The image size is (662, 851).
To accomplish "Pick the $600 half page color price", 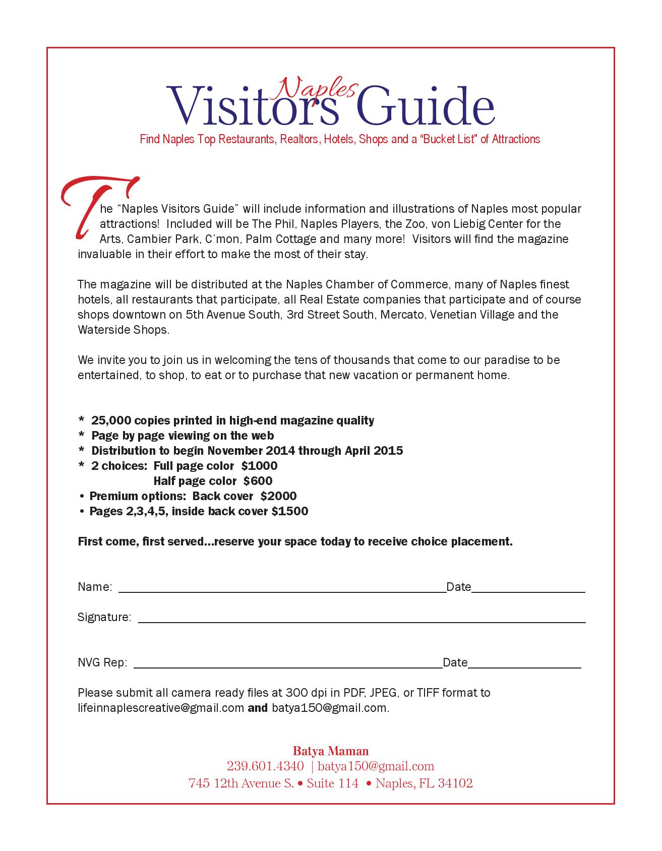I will (x=258, y=481).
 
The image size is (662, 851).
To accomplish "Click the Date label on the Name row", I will (x=458, y=587).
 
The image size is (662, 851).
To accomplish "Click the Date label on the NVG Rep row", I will (x=455, y=662).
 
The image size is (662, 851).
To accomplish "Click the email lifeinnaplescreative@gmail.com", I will (x=161, y=708).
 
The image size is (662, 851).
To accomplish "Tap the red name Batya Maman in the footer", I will (x=331, y=751).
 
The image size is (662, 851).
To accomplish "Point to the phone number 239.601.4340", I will (x=265, y=767).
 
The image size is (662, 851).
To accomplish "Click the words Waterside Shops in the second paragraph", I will (x=123, y=330).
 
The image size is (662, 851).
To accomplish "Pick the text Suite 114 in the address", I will (x=332, y=783).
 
